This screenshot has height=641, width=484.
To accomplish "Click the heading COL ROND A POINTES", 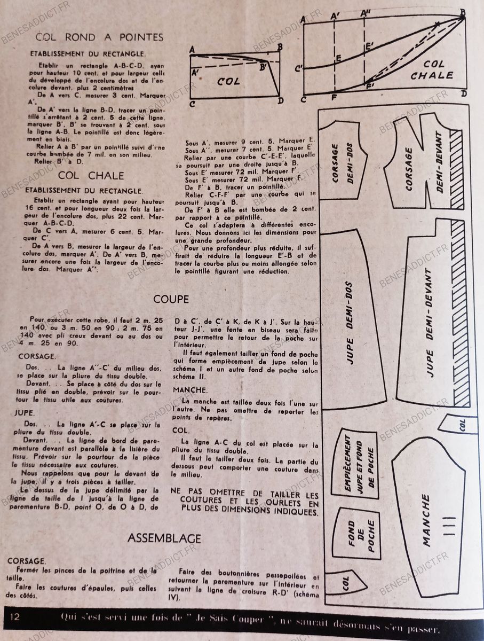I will (99, 37).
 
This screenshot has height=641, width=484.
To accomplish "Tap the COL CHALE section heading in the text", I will (91, 175).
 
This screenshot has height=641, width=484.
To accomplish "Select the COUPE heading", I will (171, 299).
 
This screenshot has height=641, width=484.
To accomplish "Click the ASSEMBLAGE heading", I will (164, 538).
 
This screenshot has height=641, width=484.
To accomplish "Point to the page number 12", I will (14, 616).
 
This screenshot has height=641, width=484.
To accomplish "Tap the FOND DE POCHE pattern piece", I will (359, 534).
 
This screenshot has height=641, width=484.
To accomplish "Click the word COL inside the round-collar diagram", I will (228, 82).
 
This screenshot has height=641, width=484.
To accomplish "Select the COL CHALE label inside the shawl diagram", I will (431, 69).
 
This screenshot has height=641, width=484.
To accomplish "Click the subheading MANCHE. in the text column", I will (191, 390).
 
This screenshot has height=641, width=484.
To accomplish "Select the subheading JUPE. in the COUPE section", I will (27, 413).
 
